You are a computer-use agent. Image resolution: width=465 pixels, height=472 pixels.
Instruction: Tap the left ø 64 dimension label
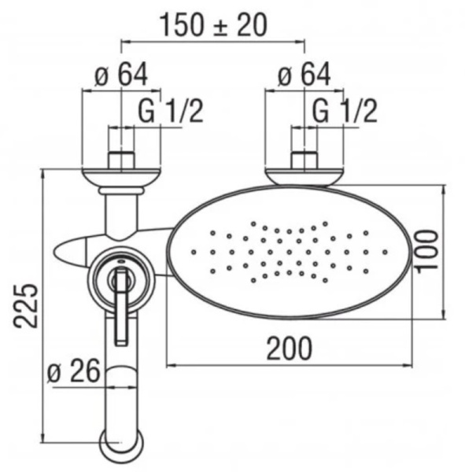(122, 76)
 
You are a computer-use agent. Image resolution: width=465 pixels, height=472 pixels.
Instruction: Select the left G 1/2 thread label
(175, 111)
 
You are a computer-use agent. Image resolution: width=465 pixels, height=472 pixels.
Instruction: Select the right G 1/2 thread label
(345, 111)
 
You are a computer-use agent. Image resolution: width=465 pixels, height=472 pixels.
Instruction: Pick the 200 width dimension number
(288, 347)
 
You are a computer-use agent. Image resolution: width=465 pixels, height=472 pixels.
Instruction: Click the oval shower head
(288, 252)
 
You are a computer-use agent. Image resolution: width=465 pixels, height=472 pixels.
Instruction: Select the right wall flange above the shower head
(304, 174)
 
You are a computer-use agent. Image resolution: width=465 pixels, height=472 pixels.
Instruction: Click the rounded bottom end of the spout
(122, 444)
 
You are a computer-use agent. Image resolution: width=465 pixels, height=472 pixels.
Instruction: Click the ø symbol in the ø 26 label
(55, 372)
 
